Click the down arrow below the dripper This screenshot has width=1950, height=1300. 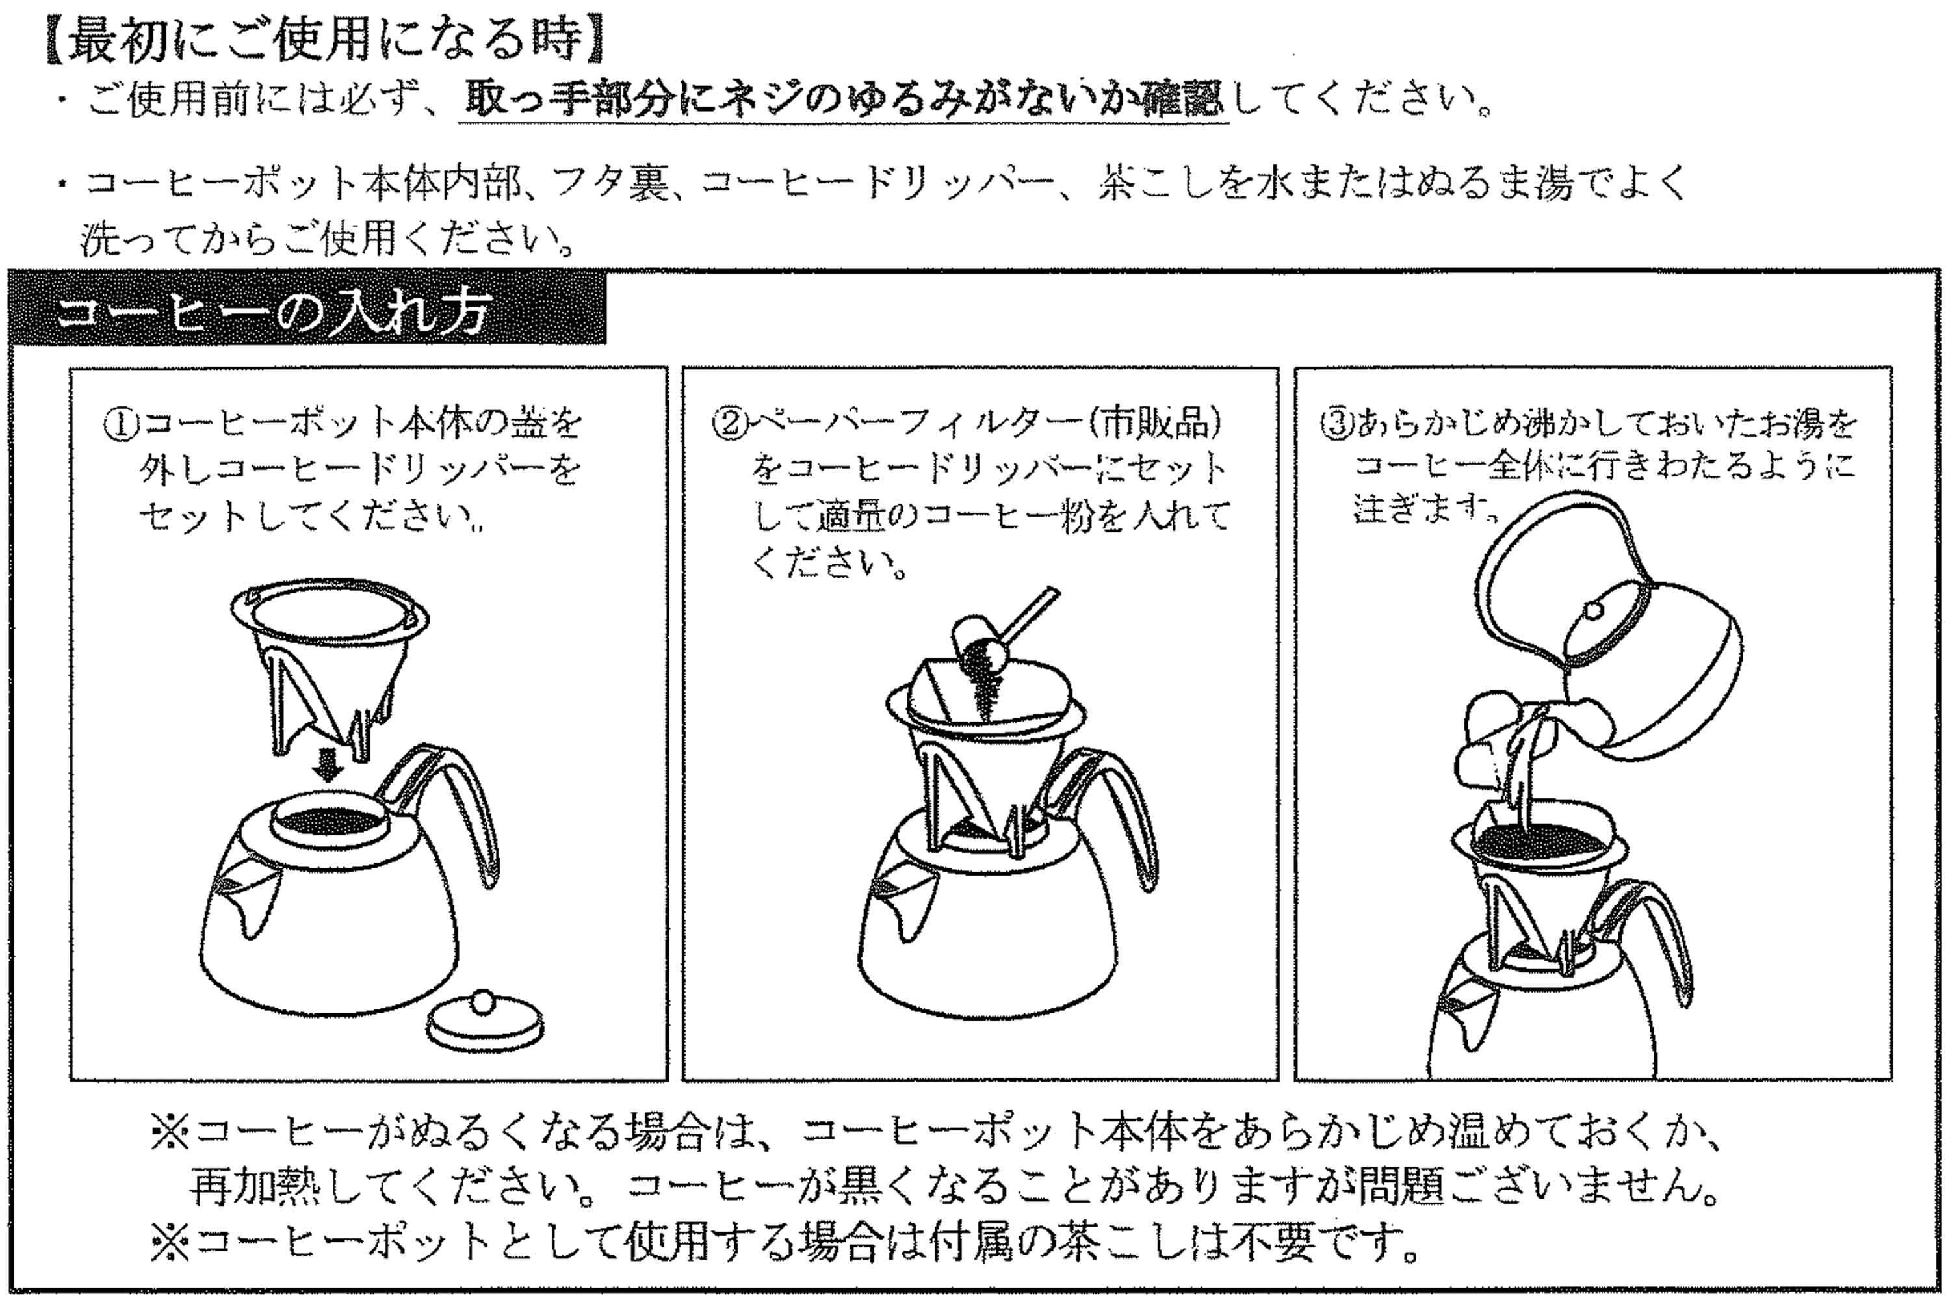(331, 768)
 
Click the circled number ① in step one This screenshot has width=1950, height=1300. (118, 425)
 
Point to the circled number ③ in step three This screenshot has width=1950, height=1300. (1336, 425)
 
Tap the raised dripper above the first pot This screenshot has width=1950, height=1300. (331, 663)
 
